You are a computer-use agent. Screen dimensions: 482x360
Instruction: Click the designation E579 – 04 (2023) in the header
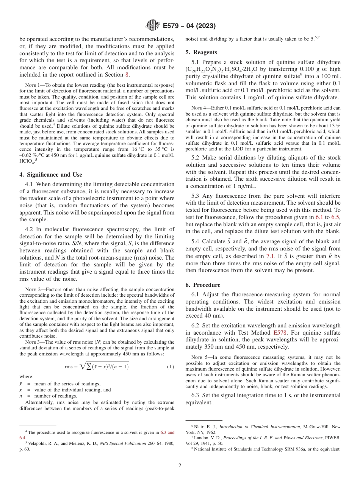pyautogui.click(x=189, y=26)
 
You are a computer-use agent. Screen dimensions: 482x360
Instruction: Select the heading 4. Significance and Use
pyautogui.click(x=50, y=175)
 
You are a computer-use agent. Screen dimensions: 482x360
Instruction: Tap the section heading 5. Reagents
pyautogui.click(x=201, y=52)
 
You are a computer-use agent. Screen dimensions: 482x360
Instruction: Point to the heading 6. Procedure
pyautogui.click(x=203, y=285)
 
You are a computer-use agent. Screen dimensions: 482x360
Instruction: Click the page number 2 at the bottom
pyautogui.click(x=180, y=466)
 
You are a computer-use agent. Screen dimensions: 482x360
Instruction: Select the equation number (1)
pyautogui.click(x=170, y=366)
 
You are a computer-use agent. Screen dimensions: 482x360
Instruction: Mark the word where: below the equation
pyautogui.click(x=26, y=377)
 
